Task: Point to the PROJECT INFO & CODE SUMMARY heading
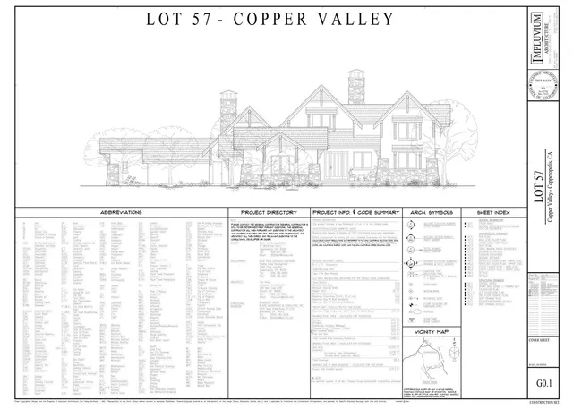coord(354,212)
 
